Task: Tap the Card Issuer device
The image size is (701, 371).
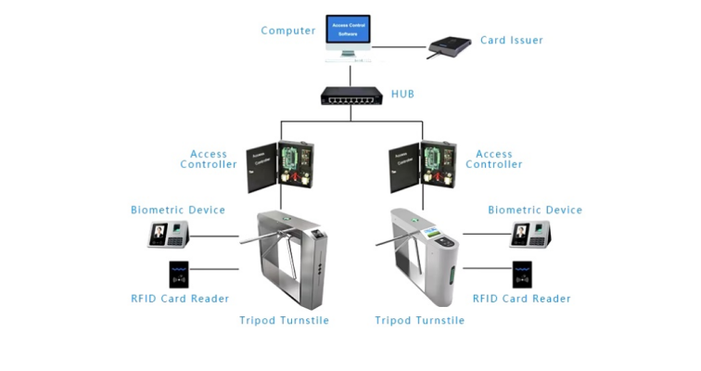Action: (450, 45)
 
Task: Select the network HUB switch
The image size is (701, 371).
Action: (350, 95)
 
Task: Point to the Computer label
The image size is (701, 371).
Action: (288, 31)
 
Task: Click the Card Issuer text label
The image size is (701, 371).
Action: (511, 40)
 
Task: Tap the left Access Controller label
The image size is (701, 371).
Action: (209, 160)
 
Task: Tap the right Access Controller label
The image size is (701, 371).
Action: (493, 160)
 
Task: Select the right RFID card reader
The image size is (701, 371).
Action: (523, 275)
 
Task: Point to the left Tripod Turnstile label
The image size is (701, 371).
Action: (284, 321)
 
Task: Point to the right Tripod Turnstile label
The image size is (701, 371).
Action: (419, 321)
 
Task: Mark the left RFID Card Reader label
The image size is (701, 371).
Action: (180, 299)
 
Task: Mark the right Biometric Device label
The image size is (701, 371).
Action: (535, 211)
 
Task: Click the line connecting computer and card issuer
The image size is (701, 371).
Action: (400, 45)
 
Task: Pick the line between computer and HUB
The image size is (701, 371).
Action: (350, 73)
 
